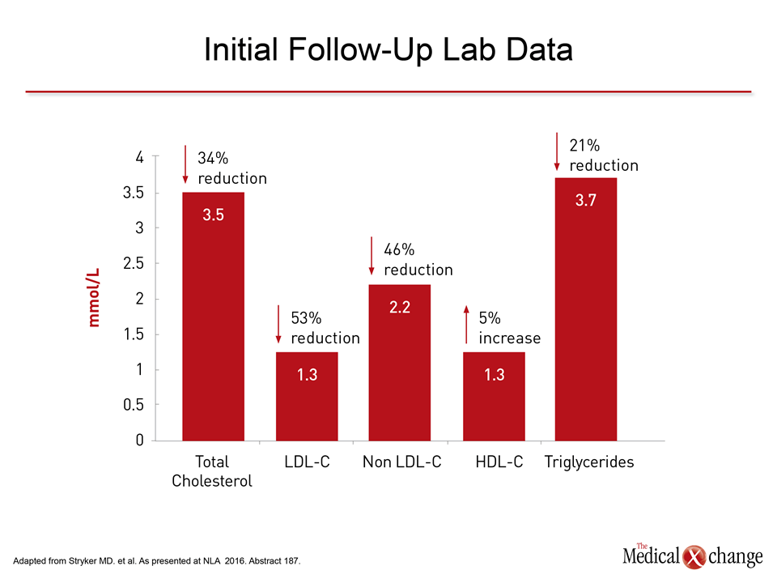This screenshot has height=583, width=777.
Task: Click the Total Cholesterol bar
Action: point(213,317)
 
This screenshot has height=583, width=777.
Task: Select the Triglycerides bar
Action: point(586,309)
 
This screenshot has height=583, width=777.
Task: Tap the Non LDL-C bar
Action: point(399,363)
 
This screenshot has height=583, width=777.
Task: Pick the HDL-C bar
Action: point(494,397)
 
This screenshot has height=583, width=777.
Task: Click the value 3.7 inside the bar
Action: point(586,200)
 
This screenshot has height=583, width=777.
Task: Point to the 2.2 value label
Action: point(399,308)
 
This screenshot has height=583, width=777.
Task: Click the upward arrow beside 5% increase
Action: point(466,325)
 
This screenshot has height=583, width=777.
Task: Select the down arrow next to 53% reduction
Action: point(278,325)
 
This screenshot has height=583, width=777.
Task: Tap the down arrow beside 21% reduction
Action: point(557,151)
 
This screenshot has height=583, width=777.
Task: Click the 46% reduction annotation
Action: point(418,259)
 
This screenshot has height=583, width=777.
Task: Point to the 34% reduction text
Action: point(232,168)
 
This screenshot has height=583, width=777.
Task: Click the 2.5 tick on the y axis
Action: point(134,263)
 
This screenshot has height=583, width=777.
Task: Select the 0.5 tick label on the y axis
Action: point(134,405)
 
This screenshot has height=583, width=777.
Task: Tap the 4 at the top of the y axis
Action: point(140,158)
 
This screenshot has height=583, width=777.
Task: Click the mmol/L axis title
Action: point(94,297)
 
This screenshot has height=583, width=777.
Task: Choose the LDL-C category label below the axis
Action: point(308,462)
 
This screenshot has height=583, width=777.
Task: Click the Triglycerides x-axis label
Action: point(589,462)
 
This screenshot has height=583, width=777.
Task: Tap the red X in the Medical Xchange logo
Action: point(694,557)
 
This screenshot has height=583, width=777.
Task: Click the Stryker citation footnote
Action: point(156,560)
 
